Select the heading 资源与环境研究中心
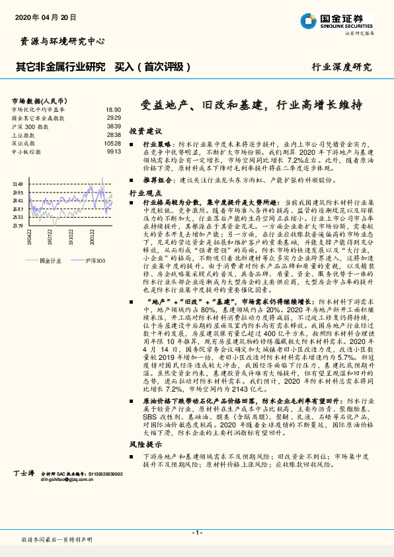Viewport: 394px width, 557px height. [59, 41]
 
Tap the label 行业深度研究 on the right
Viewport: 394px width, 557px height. [342, 67]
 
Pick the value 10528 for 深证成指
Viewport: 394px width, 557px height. [112, 143]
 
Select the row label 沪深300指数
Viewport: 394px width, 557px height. [30, 126]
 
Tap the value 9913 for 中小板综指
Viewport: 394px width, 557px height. [114, 151]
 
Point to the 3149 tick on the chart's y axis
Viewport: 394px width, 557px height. [18, 184]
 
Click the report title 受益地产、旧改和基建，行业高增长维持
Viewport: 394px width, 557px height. [253, 105]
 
